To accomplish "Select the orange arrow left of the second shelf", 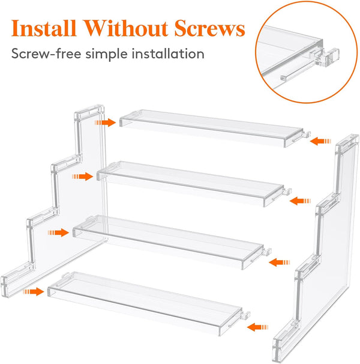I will [x=82, y=177].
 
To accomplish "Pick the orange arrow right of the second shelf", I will [x=298, y=201].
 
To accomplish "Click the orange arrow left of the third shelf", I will [x=59, y=232].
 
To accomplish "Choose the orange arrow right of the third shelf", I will [x=278, y=262].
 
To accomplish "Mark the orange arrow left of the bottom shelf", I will [x=34, y=291].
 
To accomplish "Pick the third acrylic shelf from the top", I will [x=171, y=241].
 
